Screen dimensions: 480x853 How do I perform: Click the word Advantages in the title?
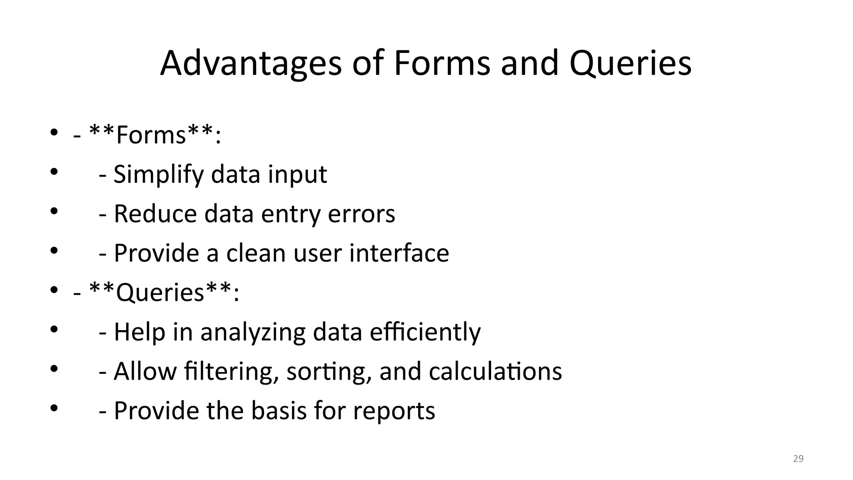coord(251,64)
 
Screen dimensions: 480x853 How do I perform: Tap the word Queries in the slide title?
coord(630,64)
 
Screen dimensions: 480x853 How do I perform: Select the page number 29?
coord(798,459)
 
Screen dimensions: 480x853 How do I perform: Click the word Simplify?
coord(158,174)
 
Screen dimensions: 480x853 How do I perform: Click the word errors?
coord(362,214)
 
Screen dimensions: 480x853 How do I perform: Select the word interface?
coord(399,253)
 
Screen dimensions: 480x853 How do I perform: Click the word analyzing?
coord(253,332)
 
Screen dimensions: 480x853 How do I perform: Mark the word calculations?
coord(495,371)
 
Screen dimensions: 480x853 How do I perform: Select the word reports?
coord(394,411)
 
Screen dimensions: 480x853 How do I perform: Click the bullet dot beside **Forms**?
coord(54,133)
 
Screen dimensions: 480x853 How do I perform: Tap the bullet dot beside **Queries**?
coord(54,290)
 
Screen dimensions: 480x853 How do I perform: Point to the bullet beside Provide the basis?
coord(54,408)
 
